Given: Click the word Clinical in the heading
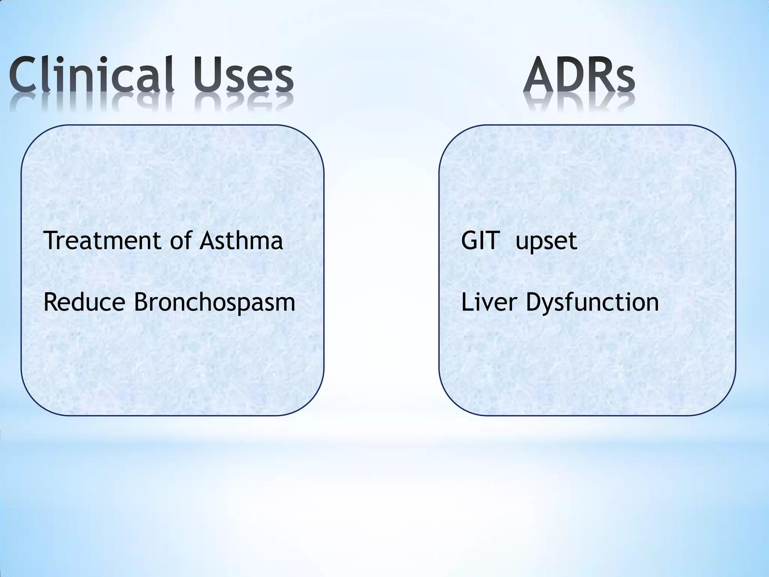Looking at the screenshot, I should pyautogui.click(x=92, y=74).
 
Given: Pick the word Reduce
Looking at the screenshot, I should pyautogui.click(x=84, y=302).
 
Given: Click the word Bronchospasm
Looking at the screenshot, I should pyautogui.click(x=214, y=303).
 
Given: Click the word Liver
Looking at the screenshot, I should pyautogui.click(x=488, y=302).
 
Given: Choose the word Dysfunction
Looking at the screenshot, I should pyautogui.click(x=592, y=303).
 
